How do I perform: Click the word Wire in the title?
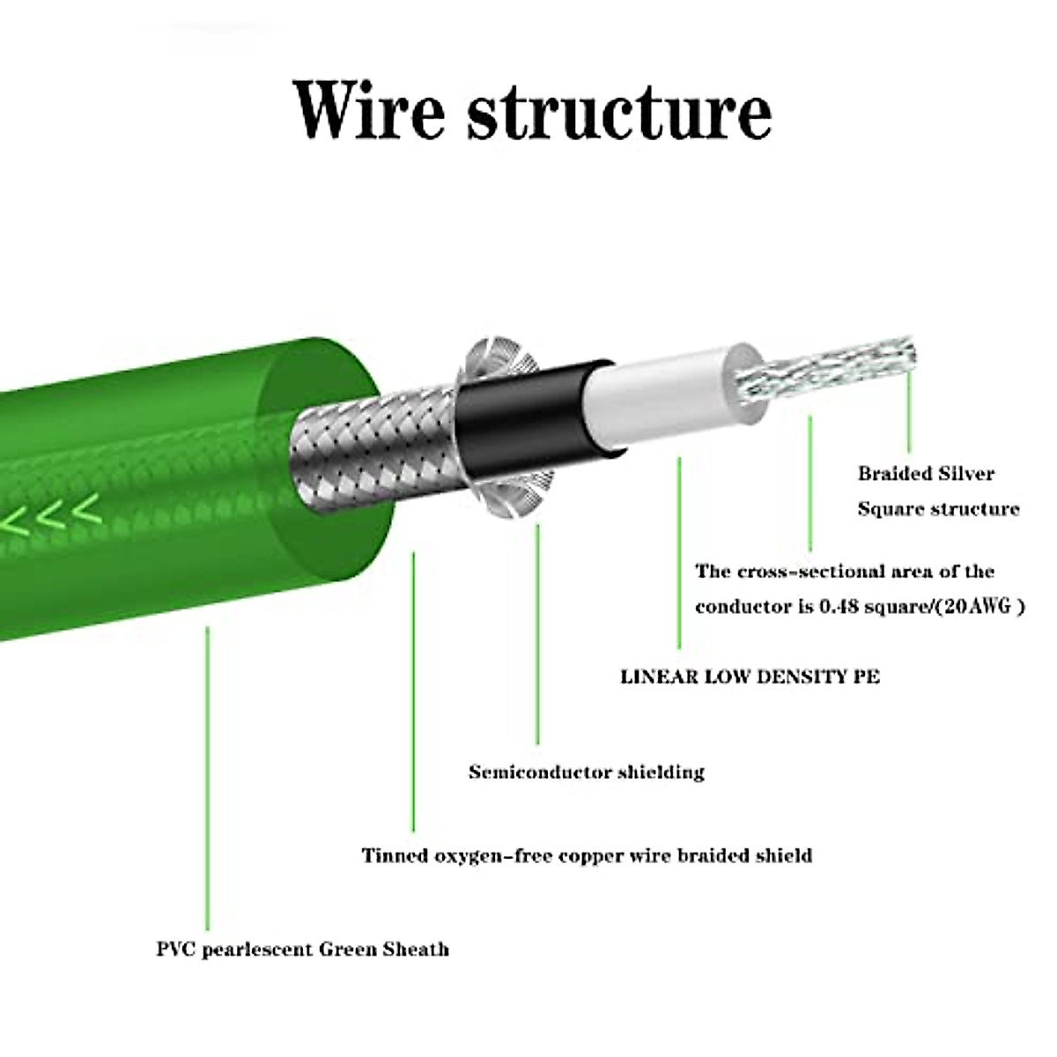(x=370, y=110)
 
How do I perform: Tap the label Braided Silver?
(x=926, y=474)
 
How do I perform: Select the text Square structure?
(x=938, y=509)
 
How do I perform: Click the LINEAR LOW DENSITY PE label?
(x=750, y=676)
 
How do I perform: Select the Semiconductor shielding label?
(x=587, y=772)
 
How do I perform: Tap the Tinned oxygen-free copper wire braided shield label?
(x=587, y=855)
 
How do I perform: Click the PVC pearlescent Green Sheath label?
(x=302, y=950)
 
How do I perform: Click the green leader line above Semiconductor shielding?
(x=536, y=634)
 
